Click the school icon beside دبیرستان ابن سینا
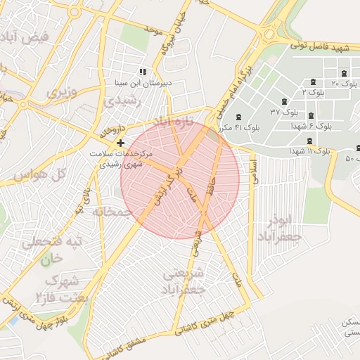tap(143, 72)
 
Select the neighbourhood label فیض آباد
tap(27, 36)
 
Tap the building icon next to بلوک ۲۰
tap(344, 74)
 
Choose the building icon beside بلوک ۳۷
tap(283, 101)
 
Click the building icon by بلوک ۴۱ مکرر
tap(240, 117)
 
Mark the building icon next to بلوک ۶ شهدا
tap(311, 115)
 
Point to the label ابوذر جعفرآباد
tap(284, 229)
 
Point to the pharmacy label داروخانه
tap(112, 131)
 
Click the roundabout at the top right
tap(268, 34)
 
